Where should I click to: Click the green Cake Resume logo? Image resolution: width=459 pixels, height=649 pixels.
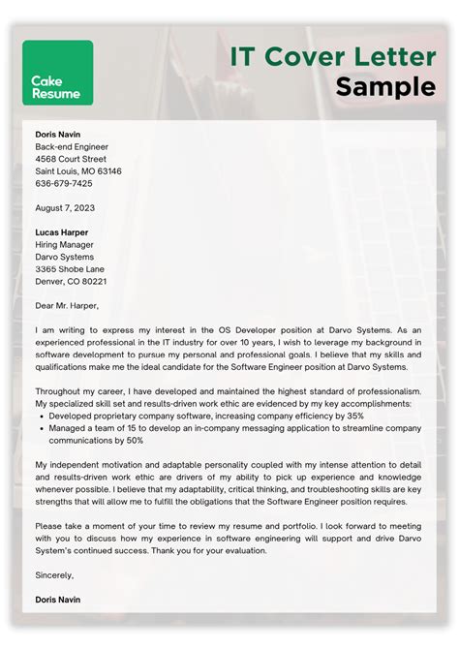pos(57,73)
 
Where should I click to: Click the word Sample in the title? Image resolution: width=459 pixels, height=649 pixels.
pos(385,87)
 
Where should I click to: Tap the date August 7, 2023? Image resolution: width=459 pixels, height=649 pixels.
pos(64,208)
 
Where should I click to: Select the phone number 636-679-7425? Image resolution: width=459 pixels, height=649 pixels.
pos(64,183)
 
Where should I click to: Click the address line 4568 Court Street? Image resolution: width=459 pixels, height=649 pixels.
pos(71,159)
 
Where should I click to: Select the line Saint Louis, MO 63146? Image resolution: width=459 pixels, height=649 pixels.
pos(78,171)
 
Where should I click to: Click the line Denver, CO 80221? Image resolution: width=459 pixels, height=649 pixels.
pos(71,281)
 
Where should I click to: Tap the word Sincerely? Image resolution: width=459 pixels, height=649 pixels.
pos(54,574)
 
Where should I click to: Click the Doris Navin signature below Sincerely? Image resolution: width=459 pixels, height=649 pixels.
pos(58,600)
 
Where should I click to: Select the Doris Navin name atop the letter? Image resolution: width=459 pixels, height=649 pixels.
pos(58,134)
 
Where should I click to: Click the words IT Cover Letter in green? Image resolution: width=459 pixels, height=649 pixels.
pos(332,56)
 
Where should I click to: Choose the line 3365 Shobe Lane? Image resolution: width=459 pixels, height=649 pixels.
pos(71,269)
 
